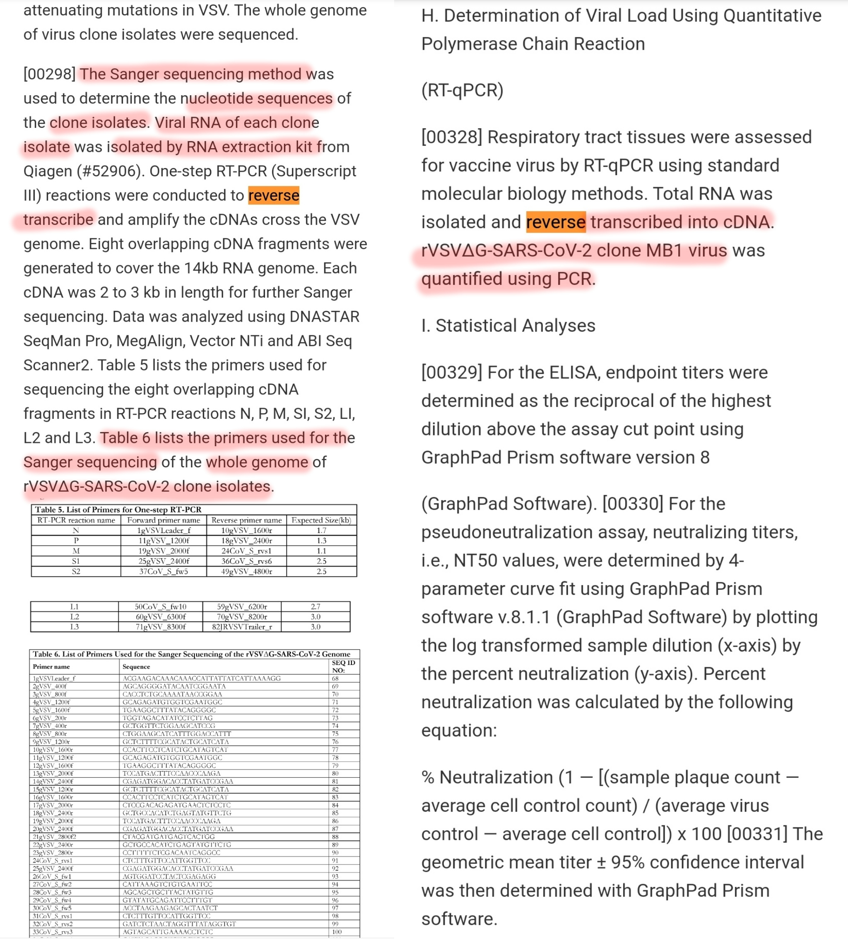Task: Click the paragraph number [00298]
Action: tap(49, 74)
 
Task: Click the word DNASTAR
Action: tap(324, 317)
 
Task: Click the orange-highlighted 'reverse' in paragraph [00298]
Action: tap(274, 196)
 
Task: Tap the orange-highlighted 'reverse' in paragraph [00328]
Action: tap(555, 222)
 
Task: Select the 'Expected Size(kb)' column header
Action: tap(321, 520)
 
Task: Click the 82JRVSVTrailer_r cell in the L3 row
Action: tap(242, 627)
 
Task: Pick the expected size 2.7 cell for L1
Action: tap(316, 606)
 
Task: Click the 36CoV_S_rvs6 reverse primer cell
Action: tap(246, 561)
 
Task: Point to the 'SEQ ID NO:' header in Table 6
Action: tap(343, 666)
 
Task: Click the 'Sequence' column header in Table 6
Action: tap(136, 666)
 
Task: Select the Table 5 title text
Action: tap(118, 510)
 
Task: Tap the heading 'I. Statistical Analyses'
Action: tap(508, 326)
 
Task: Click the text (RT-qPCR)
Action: tap(462, 90)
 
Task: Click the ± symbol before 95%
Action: tap(601, 863)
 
